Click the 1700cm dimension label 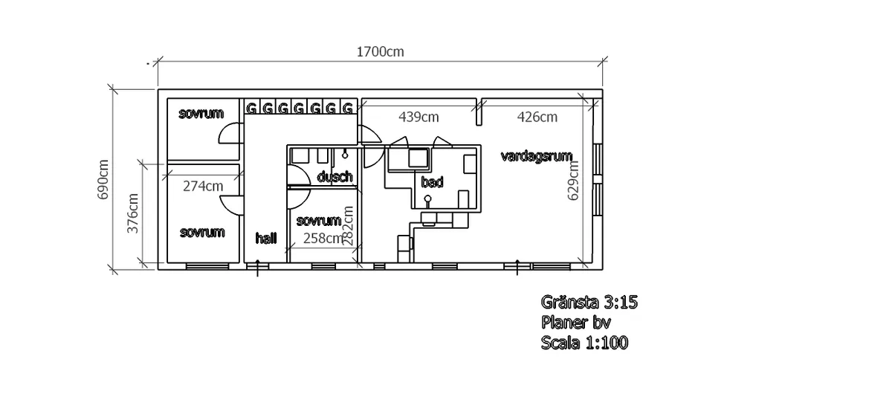[x=380, y=52]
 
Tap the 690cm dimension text [x=103, y=179]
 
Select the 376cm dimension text [x=133, y=214]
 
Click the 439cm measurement [x=418, y=117]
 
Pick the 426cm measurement [x=537, y=117]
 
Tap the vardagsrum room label [x=536, y=156]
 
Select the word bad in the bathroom [x=432, y=182]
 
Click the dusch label [x=334, y=177]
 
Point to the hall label [x=265, y=239]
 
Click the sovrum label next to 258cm [x=318, y=221]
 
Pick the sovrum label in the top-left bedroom [x=201, y=114]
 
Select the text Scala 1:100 [x=584, y=343]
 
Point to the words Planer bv [x=575, y=323]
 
